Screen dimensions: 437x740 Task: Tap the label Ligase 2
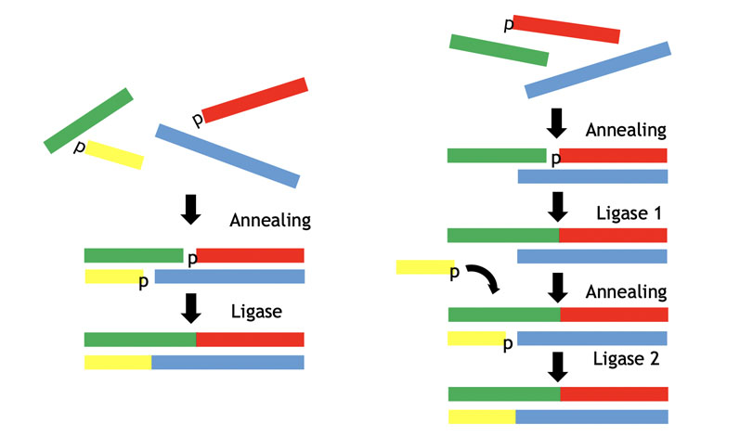click(x=628, y=360)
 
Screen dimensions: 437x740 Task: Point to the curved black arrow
click(x=480, y=278)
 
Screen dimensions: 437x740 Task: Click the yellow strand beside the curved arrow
click(x=423, y=267)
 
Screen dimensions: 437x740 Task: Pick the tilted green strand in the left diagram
click(x=88, y=120)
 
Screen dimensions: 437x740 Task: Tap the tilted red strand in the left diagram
click(x=254, y=100)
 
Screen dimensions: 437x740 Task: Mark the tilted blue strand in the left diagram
click(x=227, y=156)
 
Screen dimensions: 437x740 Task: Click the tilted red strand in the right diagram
click(x=565, y=29)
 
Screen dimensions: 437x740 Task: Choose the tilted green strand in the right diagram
click(x=499, y=50)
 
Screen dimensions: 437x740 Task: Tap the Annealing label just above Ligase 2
click(x=626, y=291)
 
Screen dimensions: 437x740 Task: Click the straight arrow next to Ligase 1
click(x=558, y=206)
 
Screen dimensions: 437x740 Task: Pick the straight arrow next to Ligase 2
click(x=558, y=366)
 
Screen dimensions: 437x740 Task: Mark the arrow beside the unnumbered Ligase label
click(x=190, y=308)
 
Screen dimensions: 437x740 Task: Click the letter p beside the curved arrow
click(x=455, y=273)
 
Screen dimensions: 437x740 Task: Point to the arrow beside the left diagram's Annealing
click(x=190, y=209)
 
